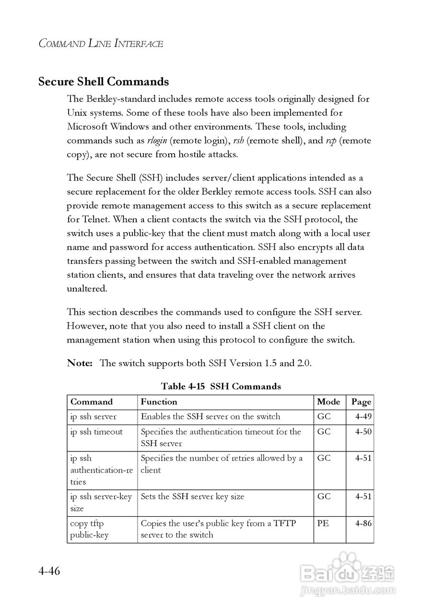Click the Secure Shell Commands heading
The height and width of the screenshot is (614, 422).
[x=104, y=82]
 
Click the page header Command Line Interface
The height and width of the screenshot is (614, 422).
[x=101, y=44]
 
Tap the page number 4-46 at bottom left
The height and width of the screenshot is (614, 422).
[x=49, y=572]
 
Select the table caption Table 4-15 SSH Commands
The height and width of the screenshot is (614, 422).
[x=221, y=386]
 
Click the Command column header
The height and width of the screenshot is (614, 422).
[x=92, y=402]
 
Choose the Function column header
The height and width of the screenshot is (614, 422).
[x=159, y=402]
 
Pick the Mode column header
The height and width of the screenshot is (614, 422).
[x=328, y=402]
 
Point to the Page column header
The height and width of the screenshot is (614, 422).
[x=361, y=402]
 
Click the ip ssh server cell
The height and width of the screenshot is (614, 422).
[x=94, y=417]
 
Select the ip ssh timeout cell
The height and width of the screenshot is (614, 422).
[x=96, y=432]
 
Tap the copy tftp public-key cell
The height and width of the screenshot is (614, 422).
[x=90, y=529]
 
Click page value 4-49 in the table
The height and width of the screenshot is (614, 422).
[x=363, y=417]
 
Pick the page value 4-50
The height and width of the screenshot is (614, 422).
[x=363, y=432]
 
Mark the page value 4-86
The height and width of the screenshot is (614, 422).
[x=363, y=523]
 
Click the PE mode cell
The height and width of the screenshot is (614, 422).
[x=323, y=523]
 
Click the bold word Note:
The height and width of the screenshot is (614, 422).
[x=80, y=363]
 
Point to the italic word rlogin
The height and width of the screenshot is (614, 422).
[x=157, y=141]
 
